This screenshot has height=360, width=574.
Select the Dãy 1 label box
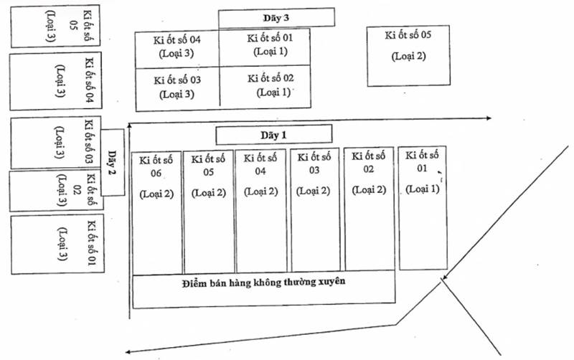click(x=274, y=135)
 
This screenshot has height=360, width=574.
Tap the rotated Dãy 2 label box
click(x=113, y=163)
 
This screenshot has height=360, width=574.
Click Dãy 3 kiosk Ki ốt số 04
click(x=177, y=49)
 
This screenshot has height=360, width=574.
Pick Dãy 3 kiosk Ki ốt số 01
click(x=265, y=47)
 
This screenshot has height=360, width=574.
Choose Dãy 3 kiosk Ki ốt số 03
click(x=177, y=89)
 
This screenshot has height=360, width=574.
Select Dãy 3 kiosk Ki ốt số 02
click(x=265, y=87)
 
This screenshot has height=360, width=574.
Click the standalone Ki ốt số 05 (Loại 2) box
click(x=408, y=56)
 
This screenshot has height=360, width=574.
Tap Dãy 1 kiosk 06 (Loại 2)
click(x=156, y=213)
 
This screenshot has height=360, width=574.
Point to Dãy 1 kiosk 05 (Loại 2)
click(x=209, y=212)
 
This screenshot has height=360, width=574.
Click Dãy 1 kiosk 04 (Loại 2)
click(x=260, y=211)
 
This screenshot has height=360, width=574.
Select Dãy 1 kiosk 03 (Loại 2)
click(x=315, y=209)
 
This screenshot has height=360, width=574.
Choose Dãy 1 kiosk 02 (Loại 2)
click(x=369, y=209)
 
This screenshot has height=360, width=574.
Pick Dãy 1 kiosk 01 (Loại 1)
click(x=423, y=208)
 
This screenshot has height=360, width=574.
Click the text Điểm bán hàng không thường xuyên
click(x=263, y=283)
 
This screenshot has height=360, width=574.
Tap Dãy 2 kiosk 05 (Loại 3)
click(x=55, y=26)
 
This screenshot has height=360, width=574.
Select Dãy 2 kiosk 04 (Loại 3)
click(x=56, y=81)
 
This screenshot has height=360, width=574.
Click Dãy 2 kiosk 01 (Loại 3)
click(x=57, y=244)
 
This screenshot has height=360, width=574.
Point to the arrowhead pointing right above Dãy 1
click(x=489, y=118)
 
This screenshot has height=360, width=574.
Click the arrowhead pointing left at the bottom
click(x=128, y=351)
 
